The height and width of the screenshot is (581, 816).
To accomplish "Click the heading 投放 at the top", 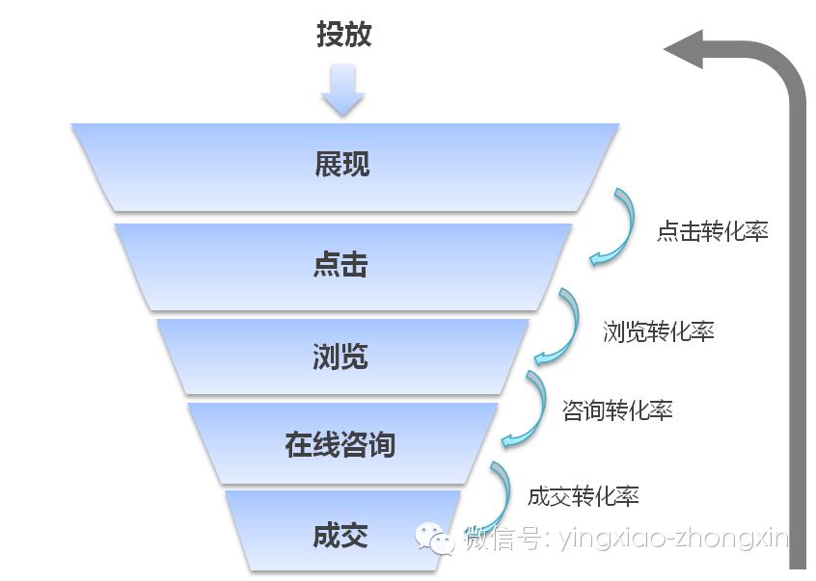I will [x=343, y=35].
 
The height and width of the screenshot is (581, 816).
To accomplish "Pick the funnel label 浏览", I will [x=340, y=357].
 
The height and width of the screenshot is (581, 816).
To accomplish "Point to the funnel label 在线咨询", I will [x=340, y=446].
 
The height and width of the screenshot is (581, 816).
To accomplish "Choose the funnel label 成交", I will [x=340, y=536].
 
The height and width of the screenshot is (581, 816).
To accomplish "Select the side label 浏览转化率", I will [x=658, y=332].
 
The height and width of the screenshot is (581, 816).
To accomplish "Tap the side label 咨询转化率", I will [x=617, y=410].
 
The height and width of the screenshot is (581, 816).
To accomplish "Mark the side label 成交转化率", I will [x=584, y=497].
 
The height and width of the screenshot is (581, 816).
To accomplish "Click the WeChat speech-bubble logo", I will [x=435, y=538].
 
